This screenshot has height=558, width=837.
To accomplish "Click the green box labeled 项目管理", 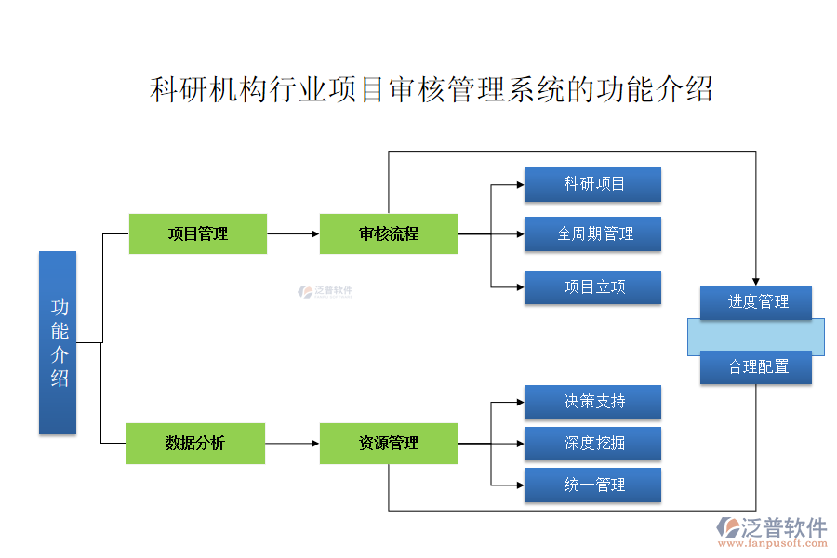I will (197, 233).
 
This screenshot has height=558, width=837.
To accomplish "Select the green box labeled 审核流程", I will (388, 233).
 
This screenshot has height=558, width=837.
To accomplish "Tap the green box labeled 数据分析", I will (195, 443).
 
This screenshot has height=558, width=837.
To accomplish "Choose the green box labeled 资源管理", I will (388, 443).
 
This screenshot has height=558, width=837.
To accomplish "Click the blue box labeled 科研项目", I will (592, 184).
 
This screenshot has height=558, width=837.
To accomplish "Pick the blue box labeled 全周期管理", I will (592, 233).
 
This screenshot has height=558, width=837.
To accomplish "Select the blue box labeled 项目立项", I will (592, 286).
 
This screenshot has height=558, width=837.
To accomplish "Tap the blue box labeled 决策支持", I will (592, 401).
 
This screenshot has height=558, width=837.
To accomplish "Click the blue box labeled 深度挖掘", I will (592, 443).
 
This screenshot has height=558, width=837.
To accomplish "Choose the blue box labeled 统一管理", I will (592, 485).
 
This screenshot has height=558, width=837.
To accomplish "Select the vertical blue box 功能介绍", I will (58, 342).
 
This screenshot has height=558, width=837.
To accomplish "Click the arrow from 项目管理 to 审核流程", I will (293, 234).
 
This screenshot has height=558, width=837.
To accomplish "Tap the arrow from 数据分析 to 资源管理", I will (293, 444).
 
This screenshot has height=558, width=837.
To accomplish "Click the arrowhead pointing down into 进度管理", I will (756, 280).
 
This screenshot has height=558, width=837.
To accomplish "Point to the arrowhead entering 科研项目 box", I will (518, 184).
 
